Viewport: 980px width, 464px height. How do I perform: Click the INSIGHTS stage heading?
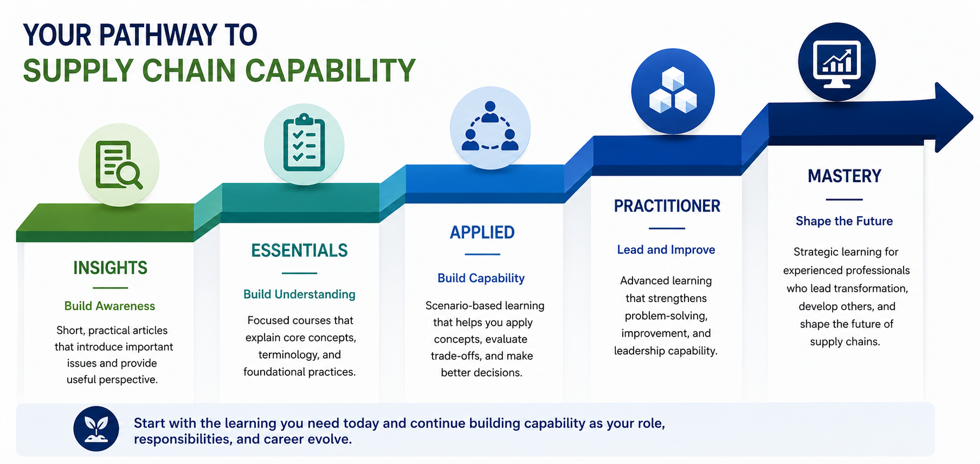click(x=110, y=268)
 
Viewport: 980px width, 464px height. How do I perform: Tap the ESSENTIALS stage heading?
click(x=300, y=251)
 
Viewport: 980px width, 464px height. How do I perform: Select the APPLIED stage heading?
click(x=482, y=232)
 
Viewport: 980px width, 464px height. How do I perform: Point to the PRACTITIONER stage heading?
click(x=667, y=206)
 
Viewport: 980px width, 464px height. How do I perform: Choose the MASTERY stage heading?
click(x=844, y=176)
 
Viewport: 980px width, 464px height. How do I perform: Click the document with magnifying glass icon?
click(x=119, y=165)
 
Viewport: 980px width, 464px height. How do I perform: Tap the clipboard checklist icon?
click(x=304, y=144)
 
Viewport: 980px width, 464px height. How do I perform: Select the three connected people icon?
click(x=490, y=126)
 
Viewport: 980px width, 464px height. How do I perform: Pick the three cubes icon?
click(x=673, y=90)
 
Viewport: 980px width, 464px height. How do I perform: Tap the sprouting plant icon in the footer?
click(x=96, y=429)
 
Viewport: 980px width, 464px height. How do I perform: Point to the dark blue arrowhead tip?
click(x=973, y=117)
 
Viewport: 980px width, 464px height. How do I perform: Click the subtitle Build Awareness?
click(x=110, y=306)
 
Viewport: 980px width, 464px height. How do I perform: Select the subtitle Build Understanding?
click(x=300, y=294)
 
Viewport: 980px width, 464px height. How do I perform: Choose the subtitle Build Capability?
click(x=481, y=278)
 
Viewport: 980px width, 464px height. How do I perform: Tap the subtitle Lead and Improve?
click(x=666, y=249)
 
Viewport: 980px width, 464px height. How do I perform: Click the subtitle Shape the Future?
click(x=844, y=221)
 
